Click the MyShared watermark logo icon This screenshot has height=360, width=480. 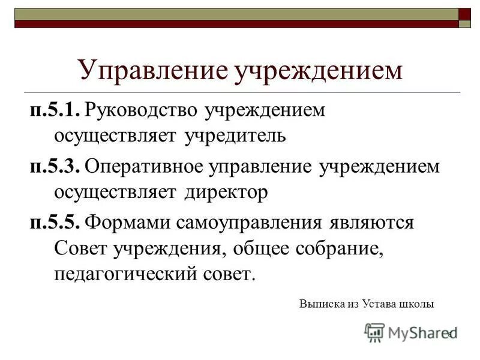click(374, 332)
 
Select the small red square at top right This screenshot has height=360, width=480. click(465, 14)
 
